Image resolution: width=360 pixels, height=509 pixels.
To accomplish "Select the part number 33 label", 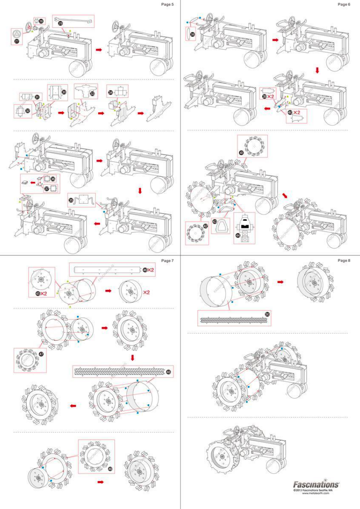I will pos(93,94).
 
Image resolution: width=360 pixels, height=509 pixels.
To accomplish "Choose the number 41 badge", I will pos(242,153).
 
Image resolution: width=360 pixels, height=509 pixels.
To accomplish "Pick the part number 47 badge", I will pos(41,354).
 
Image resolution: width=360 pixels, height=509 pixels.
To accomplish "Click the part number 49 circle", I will pos(110,469).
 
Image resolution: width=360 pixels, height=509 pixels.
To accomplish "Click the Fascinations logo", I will pos(316,484).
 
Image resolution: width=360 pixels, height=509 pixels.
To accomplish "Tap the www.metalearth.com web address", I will pos(316,494).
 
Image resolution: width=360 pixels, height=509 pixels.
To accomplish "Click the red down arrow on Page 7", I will pos(132,358).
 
